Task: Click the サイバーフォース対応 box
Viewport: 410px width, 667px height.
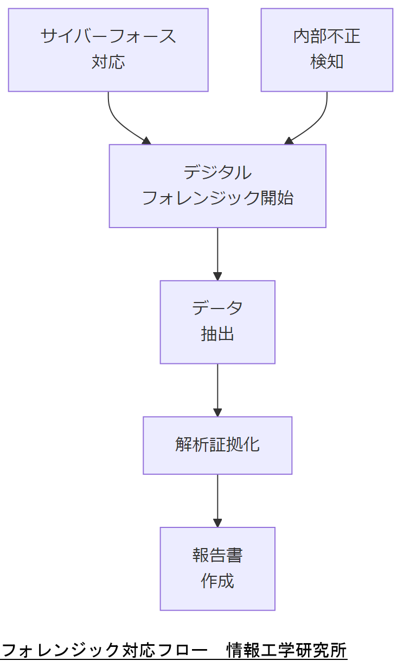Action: [x=108, y=49]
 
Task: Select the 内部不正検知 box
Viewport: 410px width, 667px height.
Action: [x=326, y=49]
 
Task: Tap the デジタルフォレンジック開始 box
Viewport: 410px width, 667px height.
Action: [x=217, y=186]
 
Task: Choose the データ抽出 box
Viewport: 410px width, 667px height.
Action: [x=217, y=322]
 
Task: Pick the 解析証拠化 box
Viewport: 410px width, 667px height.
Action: [x=217, y=445]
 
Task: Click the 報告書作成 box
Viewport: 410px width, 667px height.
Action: [x=217, y=569]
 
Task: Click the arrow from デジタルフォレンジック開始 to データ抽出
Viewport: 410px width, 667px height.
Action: [x=217, y=254]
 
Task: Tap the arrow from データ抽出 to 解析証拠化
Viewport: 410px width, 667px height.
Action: [x=217, y=390]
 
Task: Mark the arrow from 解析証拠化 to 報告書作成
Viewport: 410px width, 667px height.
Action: [x=217, y=500]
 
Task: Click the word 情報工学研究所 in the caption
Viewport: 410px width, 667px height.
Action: [x=286, y=650]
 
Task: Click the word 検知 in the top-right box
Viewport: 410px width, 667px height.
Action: [x=326, y=62]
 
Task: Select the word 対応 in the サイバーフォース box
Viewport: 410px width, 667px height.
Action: [x=108, y=62]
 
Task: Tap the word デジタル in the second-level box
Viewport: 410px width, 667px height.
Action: [x=217, y=173]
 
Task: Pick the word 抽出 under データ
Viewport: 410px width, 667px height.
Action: [x=217, y=334]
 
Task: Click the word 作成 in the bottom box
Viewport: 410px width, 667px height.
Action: [x=217, y=581]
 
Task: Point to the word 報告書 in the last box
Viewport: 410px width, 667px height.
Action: [x=217, y=555]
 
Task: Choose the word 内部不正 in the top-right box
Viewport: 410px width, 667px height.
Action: [x=326, y=36]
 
